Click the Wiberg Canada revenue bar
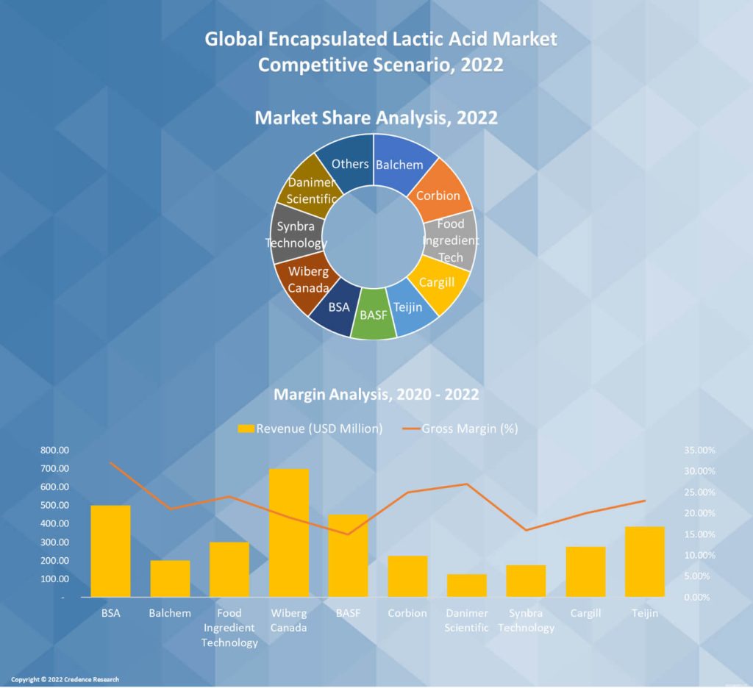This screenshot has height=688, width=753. (289, 532)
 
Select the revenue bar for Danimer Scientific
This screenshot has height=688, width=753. (467, 585)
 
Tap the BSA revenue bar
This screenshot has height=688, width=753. (110, 551)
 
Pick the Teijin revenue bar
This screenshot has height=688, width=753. (645, 562)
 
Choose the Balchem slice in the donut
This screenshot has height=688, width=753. (402, 163)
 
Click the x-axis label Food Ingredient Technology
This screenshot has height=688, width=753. (229, 628)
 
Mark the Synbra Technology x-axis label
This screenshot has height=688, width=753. (527, 620)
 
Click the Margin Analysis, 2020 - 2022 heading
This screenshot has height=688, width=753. (376, 395)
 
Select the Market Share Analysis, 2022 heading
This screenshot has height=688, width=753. (376, 118)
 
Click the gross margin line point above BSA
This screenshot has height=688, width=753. (110, 462)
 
